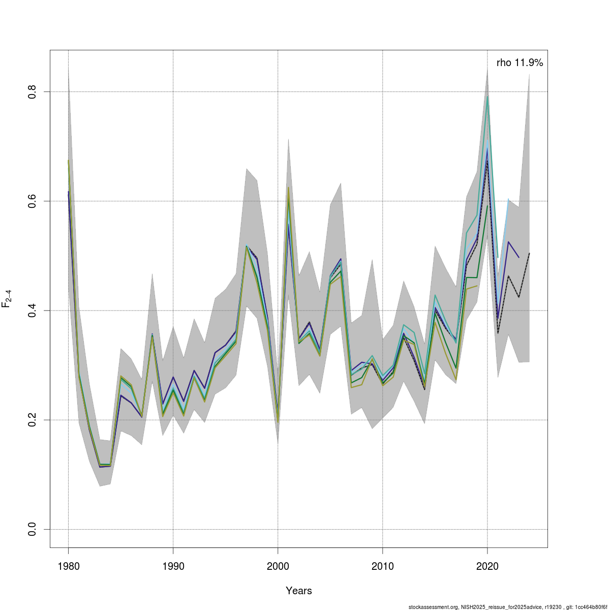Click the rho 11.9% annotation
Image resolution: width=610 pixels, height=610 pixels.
click(520, 63)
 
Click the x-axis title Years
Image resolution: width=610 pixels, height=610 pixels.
click(299, 591)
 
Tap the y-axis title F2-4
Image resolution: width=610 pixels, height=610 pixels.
click(7, 298)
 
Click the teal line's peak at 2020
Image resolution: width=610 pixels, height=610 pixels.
click(487, 96)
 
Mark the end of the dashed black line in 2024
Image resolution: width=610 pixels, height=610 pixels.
click(529, 253)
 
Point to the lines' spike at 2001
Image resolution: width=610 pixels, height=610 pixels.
click(288, 189)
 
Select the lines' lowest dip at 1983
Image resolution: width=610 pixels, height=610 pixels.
click(100, 466)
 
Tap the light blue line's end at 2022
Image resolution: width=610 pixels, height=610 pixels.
click(508, 199)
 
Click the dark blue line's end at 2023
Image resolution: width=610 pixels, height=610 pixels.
click(518, 258)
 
